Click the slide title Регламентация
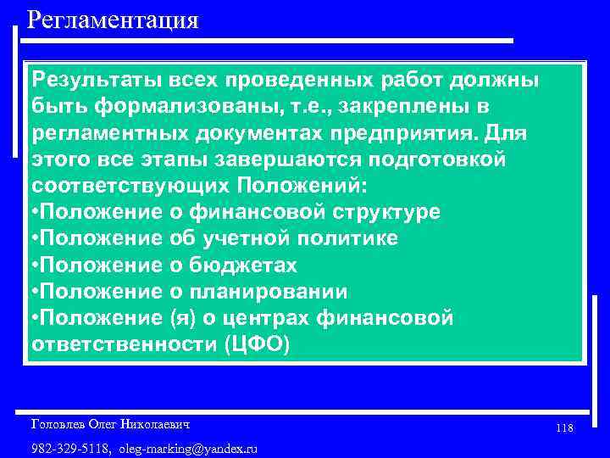click(113, 19)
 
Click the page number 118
click(565, 428)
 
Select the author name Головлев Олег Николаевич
click(110, 422)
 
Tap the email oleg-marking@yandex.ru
click(189, 447)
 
